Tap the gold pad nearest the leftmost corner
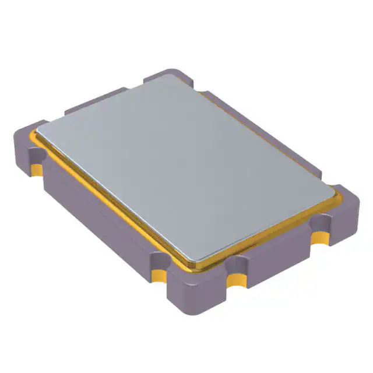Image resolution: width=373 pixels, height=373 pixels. (x=36, y=169)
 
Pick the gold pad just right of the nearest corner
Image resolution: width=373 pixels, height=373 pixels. (x=236, y=281)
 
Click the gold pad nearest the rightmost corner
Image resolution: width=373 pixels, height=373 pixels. (x=320, y=237)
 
